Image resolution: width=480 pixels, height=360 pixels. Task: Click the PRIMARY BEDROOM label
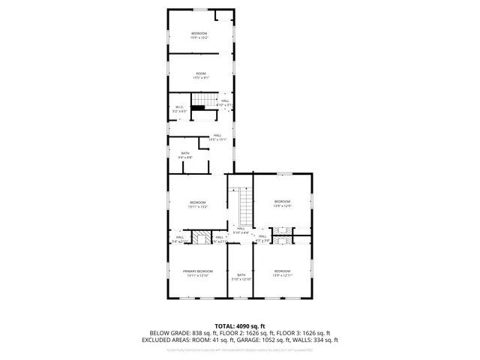pyautogui.click(x=199, y=273)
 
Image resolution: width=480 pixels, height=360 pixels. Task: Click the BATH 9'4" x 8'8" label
pyautogui.click(x=185, y=156)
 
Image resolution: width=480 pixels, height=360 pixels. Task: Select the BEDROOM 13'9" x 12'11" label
pyautogui.click(x=282, y=273)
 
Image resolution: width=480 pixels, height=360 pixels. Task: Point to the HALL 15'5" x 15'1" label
pyautogui.click(x=217, y=137)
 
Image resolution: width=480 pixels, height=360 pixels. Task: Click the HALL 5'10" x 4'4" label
pyautogui.click(x=241, y=230)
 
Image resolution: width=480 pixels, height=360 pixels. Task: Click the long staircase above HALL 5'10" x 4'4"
pyautogui.click(x=243, y=205)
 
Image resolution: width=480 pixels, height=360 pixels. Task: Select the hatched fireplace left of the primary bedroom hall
pyautogui.click(x=201, y=238)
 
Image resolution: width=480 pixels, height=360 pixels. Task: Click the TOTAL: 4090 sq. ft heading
pyautogui.click(x=240, y=325)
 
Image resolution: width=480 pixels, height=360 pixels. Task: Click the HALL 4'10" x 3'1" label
pyautogui.click(x=225, y=102)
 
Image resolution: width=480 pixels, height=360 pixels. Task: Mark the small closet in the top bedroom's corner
pyautogui.click(x=223, y=15)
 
